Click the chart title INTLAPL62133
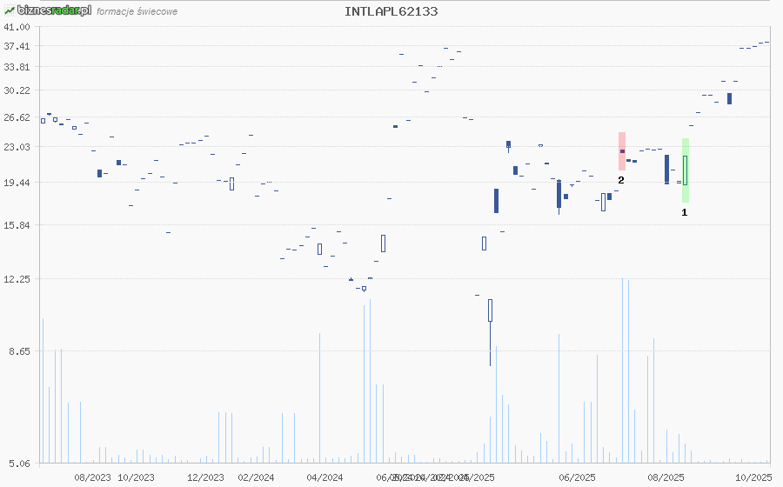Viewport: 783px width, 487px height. pyautogui.click(x=391, y=11)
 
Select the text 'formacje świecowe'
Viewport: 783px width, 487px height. pyautogui.click(x=137, y=12)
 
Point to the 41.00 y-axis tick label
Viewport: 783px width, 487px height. pyautogui.click(x=17, y=27)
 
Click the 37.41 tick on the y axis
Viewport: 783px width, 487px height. pyautogui.click(x=17, y=46)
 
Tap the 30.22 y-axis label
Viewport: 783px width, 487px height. pyautogui.click(x=17, y=90)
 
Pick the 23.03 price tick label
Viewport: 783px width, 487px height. pyautogui.click(x=17, y=147)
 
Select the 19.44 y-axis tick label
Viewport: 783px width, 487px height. pyautogui.click(x=17, y=183)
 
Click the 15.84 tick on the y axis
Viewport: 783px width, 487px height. pyautogui.click(x=17, y=225)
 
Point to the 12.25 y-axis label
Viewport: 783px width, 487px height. pyautogui.click(x=17, y=279)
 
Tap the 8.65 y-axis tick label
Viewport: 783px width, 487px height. pyautogui.click(x=20, y=351)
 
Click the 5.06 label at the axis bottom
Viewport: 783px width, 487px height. pyautogui.click(x=20, y=464)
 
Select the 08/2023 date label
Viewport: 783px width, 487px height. pyautogui.click(x=92, y=477)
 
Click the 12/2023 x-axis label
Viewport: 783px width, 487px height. pyautogui.click(x=205, y=477)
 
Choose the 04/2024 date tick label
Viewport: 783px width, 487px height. pyautogui.click(x=325, y=477)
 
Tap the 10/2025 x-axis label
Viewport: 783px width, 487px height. pyautogui.click(x=753, y=477)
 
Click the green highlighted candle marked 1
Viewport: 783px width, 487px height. pyautogui.click(x=686, y=170)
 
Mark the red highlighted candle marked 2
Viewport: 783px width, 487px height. pyautogui.click(x=622, y=151)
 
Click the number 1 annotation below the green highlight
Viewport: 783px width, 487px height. pyautogui.click(x=685, y=211)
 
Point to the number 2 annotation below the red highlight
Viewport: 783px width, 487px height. pyautogui.click(x=621, y=179)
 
